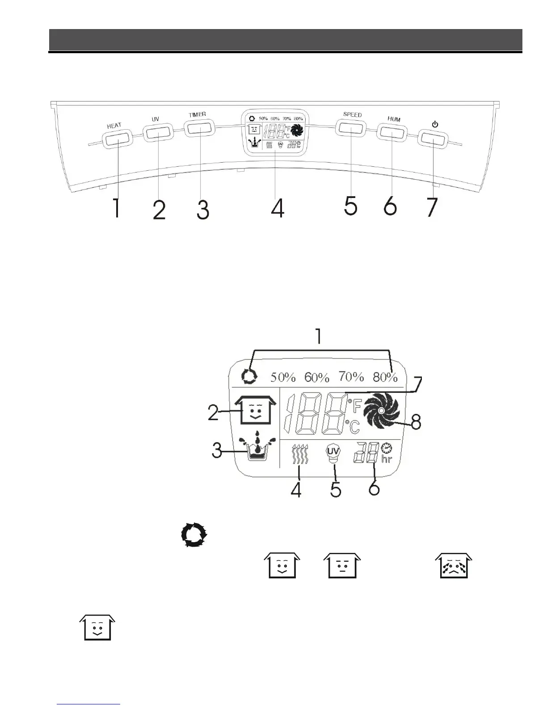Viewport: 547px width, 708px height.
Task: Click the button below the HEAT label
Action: tap(118, 139)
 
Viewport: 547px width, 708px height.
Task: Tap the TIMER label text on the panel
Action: tap(197, 114)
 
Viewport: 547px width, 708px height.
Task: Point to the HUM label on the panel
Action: tap(394, 119)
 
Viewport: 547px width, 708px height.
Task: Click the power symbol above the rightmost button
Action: tap(435, 124)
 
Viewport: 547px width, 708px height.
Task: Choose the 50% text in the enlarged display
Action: tap(283, 377)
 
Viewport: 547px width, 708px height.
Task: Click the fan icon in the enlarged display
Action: tap(381, 411)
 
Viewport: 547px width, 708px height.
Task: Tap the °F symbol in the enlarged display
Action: tap(354, 406)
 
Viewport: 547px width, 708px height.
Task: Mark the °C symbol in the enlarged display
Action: tap(352, 426)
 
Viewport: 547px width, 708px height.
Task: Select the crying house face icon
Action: tap(454, 565)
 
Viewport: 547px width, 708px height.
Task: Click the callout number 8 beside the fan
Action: tap(416, 422)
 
